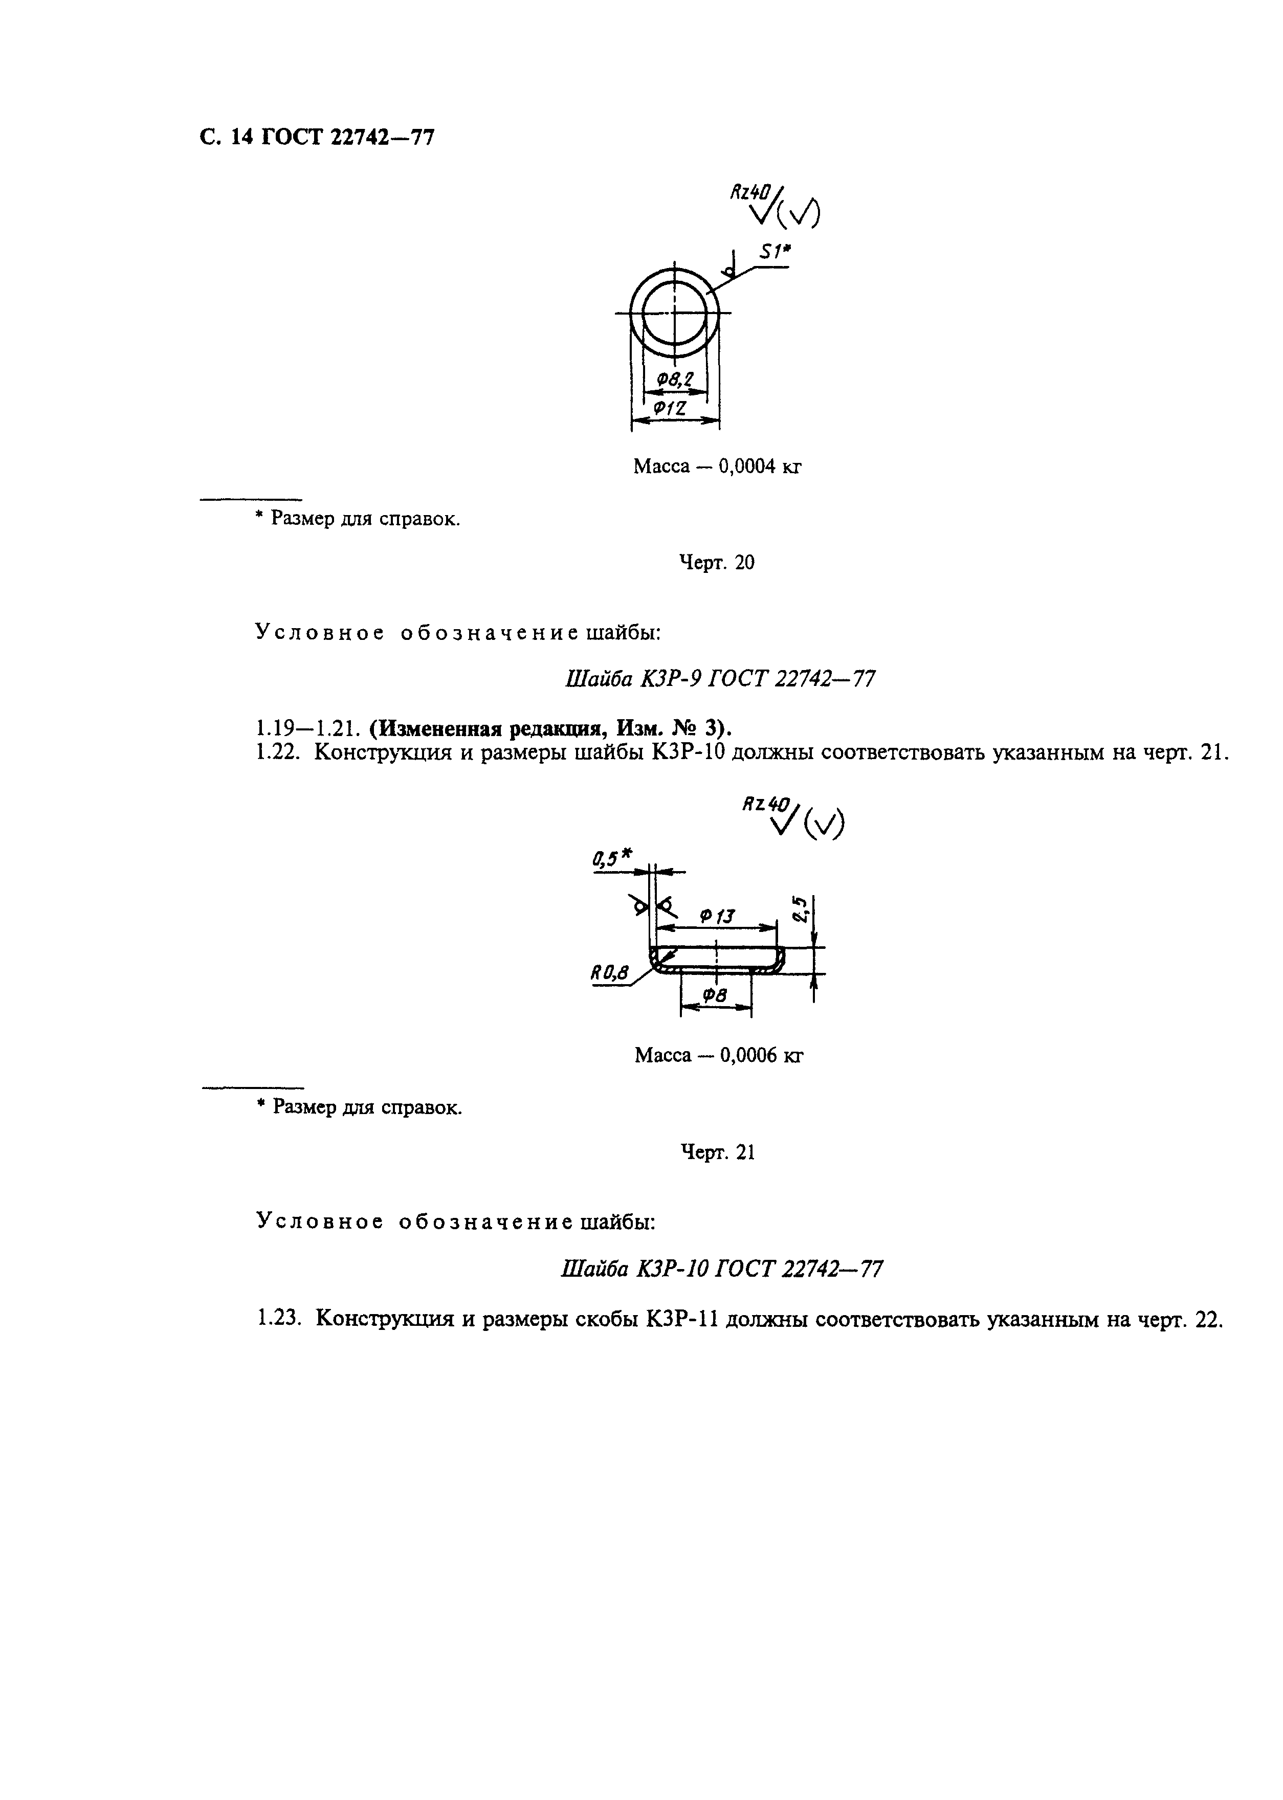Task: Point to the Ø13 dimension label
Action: (717, 916)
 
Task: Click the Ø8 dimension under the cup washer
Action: (715, 997)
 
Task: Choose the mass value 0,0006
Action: (748, 1056)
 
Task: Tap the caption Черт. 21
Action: (717, 1152)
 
